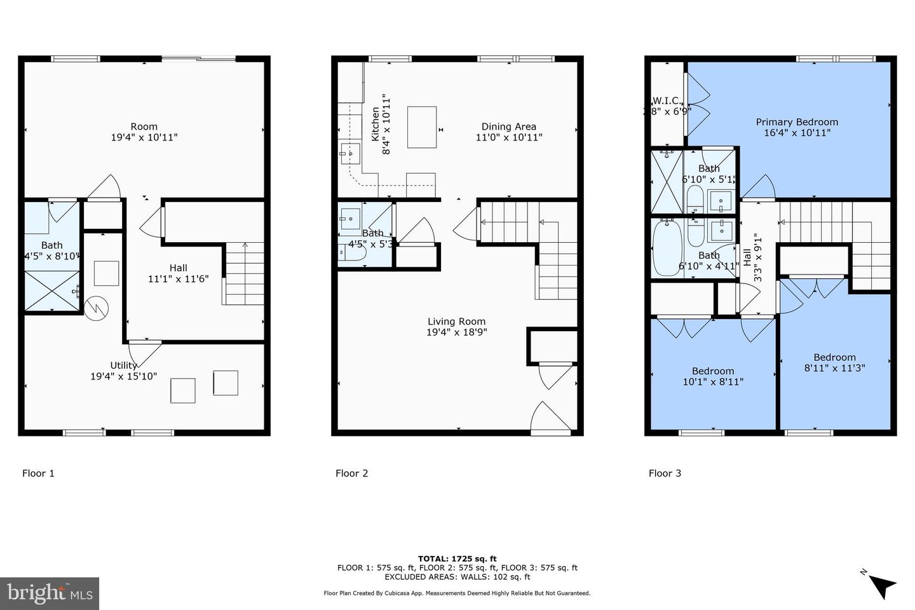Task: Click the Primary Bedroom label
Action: tap(796, 122)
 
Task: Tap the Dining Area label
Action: tap(508, 126)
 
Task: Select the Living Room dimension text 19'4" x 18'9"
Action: tap(456, 332)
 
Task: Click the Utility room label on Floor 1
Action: tap(123, 365)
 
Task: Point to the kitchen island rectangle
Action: tap(422, 127)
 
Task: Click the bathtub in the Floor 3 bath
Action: tap(667, 248)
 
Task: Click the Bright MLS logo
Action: tap(50, 593)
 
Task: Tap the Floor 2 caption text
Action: tap(351, 473)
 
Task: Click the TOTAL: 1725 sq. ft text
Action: tap(457, 559)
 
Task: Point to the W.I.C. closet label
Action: tap(666, 101)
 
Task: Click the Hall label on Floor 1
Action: tap(178, 268)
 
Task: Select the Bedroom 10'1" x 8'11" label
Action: tap(712, 371)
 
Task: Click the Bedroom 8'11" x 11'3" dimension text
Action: tap(834, 368)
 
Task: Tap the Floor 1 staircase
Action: tap(244, 274)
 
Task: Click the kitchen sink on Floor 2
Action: tap(350, 153)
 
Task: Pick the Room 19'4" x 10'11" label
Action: tap(144, 126)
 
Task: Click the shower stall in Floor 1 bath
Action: tap(52, 291)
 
